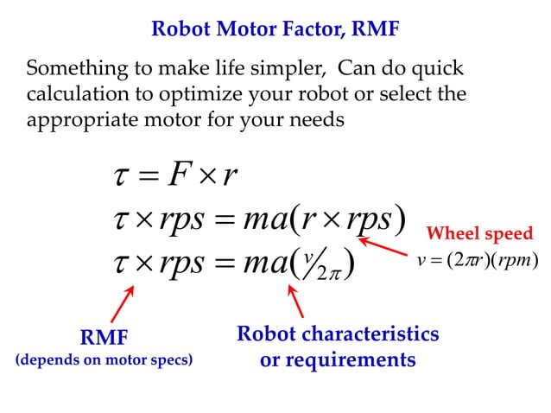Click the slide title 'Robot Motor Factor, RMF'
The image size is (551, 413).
coord(275,30)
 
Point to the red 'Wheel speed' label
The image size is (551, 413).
coord(480,233)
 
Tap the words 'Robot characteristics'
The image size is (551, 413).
coord(338,334)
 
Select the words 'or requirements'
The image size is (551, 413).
coord(338,359)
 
